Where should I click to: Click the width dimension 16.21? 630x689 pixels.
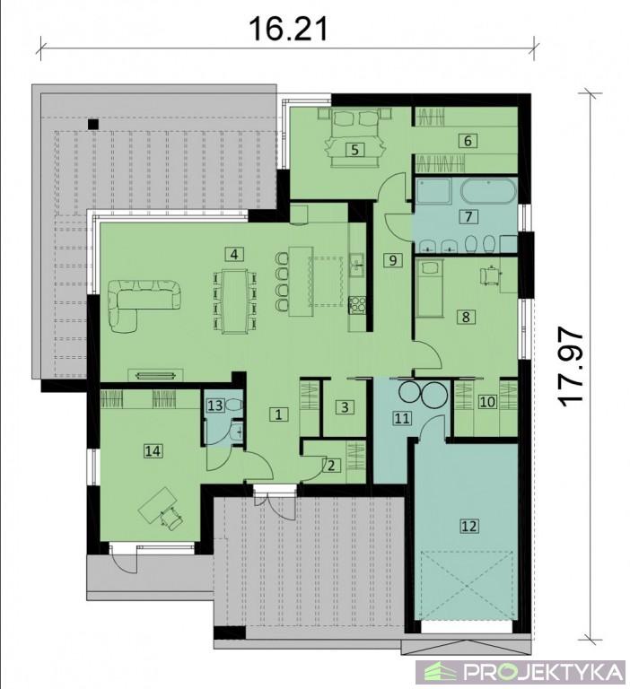coord(288,29)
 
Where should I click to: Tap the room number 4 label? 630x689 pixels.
coord(234,254)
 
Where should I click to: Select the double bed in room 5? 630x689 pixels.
coord(354,137)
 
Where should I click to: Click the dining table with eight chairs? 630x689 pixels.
coord(234,301)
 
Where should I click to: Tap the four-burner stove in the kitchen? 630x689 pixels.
coord(357,305)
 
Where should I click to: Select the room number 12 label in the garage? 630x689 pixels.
coord(469,525)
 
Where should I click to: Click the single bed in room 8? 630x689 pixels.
coord(431,288)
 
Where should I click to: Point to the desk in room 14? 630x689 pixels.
coord(156,504)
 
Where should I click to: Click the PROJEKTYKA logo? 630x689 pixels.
coord(521,672)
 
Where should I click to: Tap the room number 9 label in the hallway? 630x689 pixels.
coord(392,260)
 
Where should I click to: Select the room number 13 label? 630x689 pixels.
coord(215,405)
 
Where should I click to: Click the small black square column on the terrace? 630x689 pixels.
coord(92,124)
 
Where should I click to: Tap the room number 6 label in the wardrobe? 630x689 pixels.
coord(468,141)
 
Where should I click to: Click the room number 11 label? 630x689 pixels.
coord(402,418)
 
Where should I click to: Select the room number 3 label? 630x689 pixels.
coord(345,407)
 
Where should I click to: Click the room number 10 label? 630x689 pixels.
coord(487,401)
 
